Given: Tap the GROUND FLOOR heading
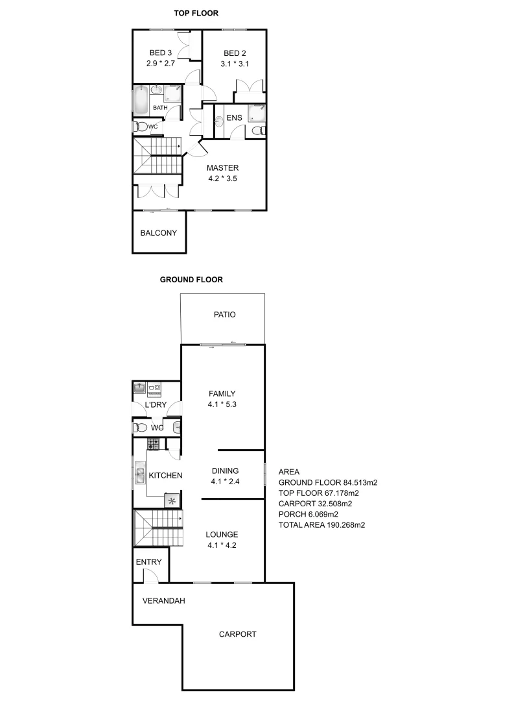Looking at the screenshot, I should [x=191, y=280].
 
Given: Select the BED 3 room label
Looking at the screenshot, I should [x=161, y=53].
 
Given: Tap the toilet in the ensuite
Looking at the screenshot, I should [x=257, y=131].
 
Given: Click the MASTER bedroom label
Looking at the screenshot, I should [x=223, y=168].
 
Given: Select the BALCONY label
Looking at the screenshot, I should [x=159, y=233].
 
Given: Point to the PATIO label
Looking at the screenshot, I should [x=224, y=315].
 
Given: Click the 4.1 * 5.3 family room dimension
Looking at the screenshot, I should [x=222, y=404].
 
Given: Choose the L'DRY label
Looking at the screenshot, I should [x=156, y=405].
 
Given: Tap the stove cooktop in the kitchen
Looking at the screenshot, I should [x=154, y=445].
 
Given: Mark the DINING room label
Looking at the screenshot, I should [x=225, y=471].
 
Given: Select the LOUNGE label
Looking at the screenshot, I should [x=222, y=535].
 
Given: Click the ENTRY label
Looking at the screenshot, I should [x=148, y=561].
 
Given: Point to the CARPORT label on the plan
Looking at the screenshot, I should [x=237, y=634].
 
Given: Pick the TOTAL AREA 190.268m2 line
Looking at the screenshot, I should [x=321, y=526].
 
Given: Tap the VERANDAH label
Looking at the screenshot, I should [x=163, y=600].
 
